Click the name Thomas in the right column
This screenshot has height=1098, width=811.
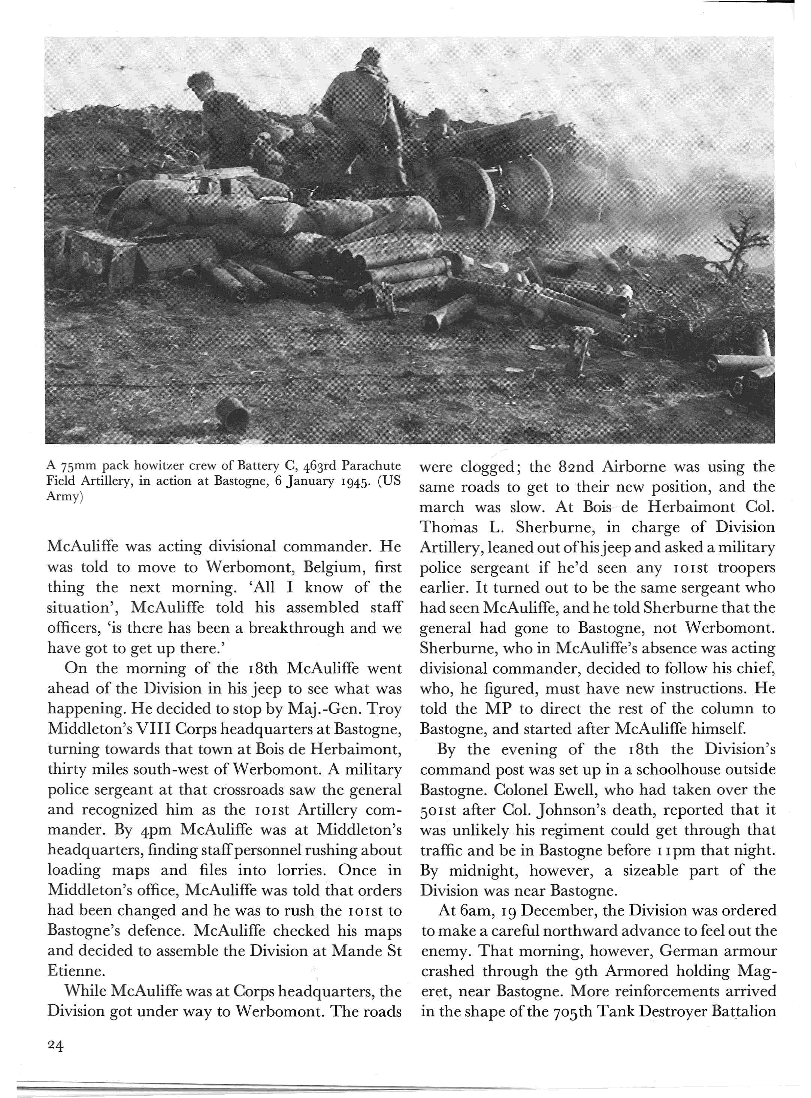448,527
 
